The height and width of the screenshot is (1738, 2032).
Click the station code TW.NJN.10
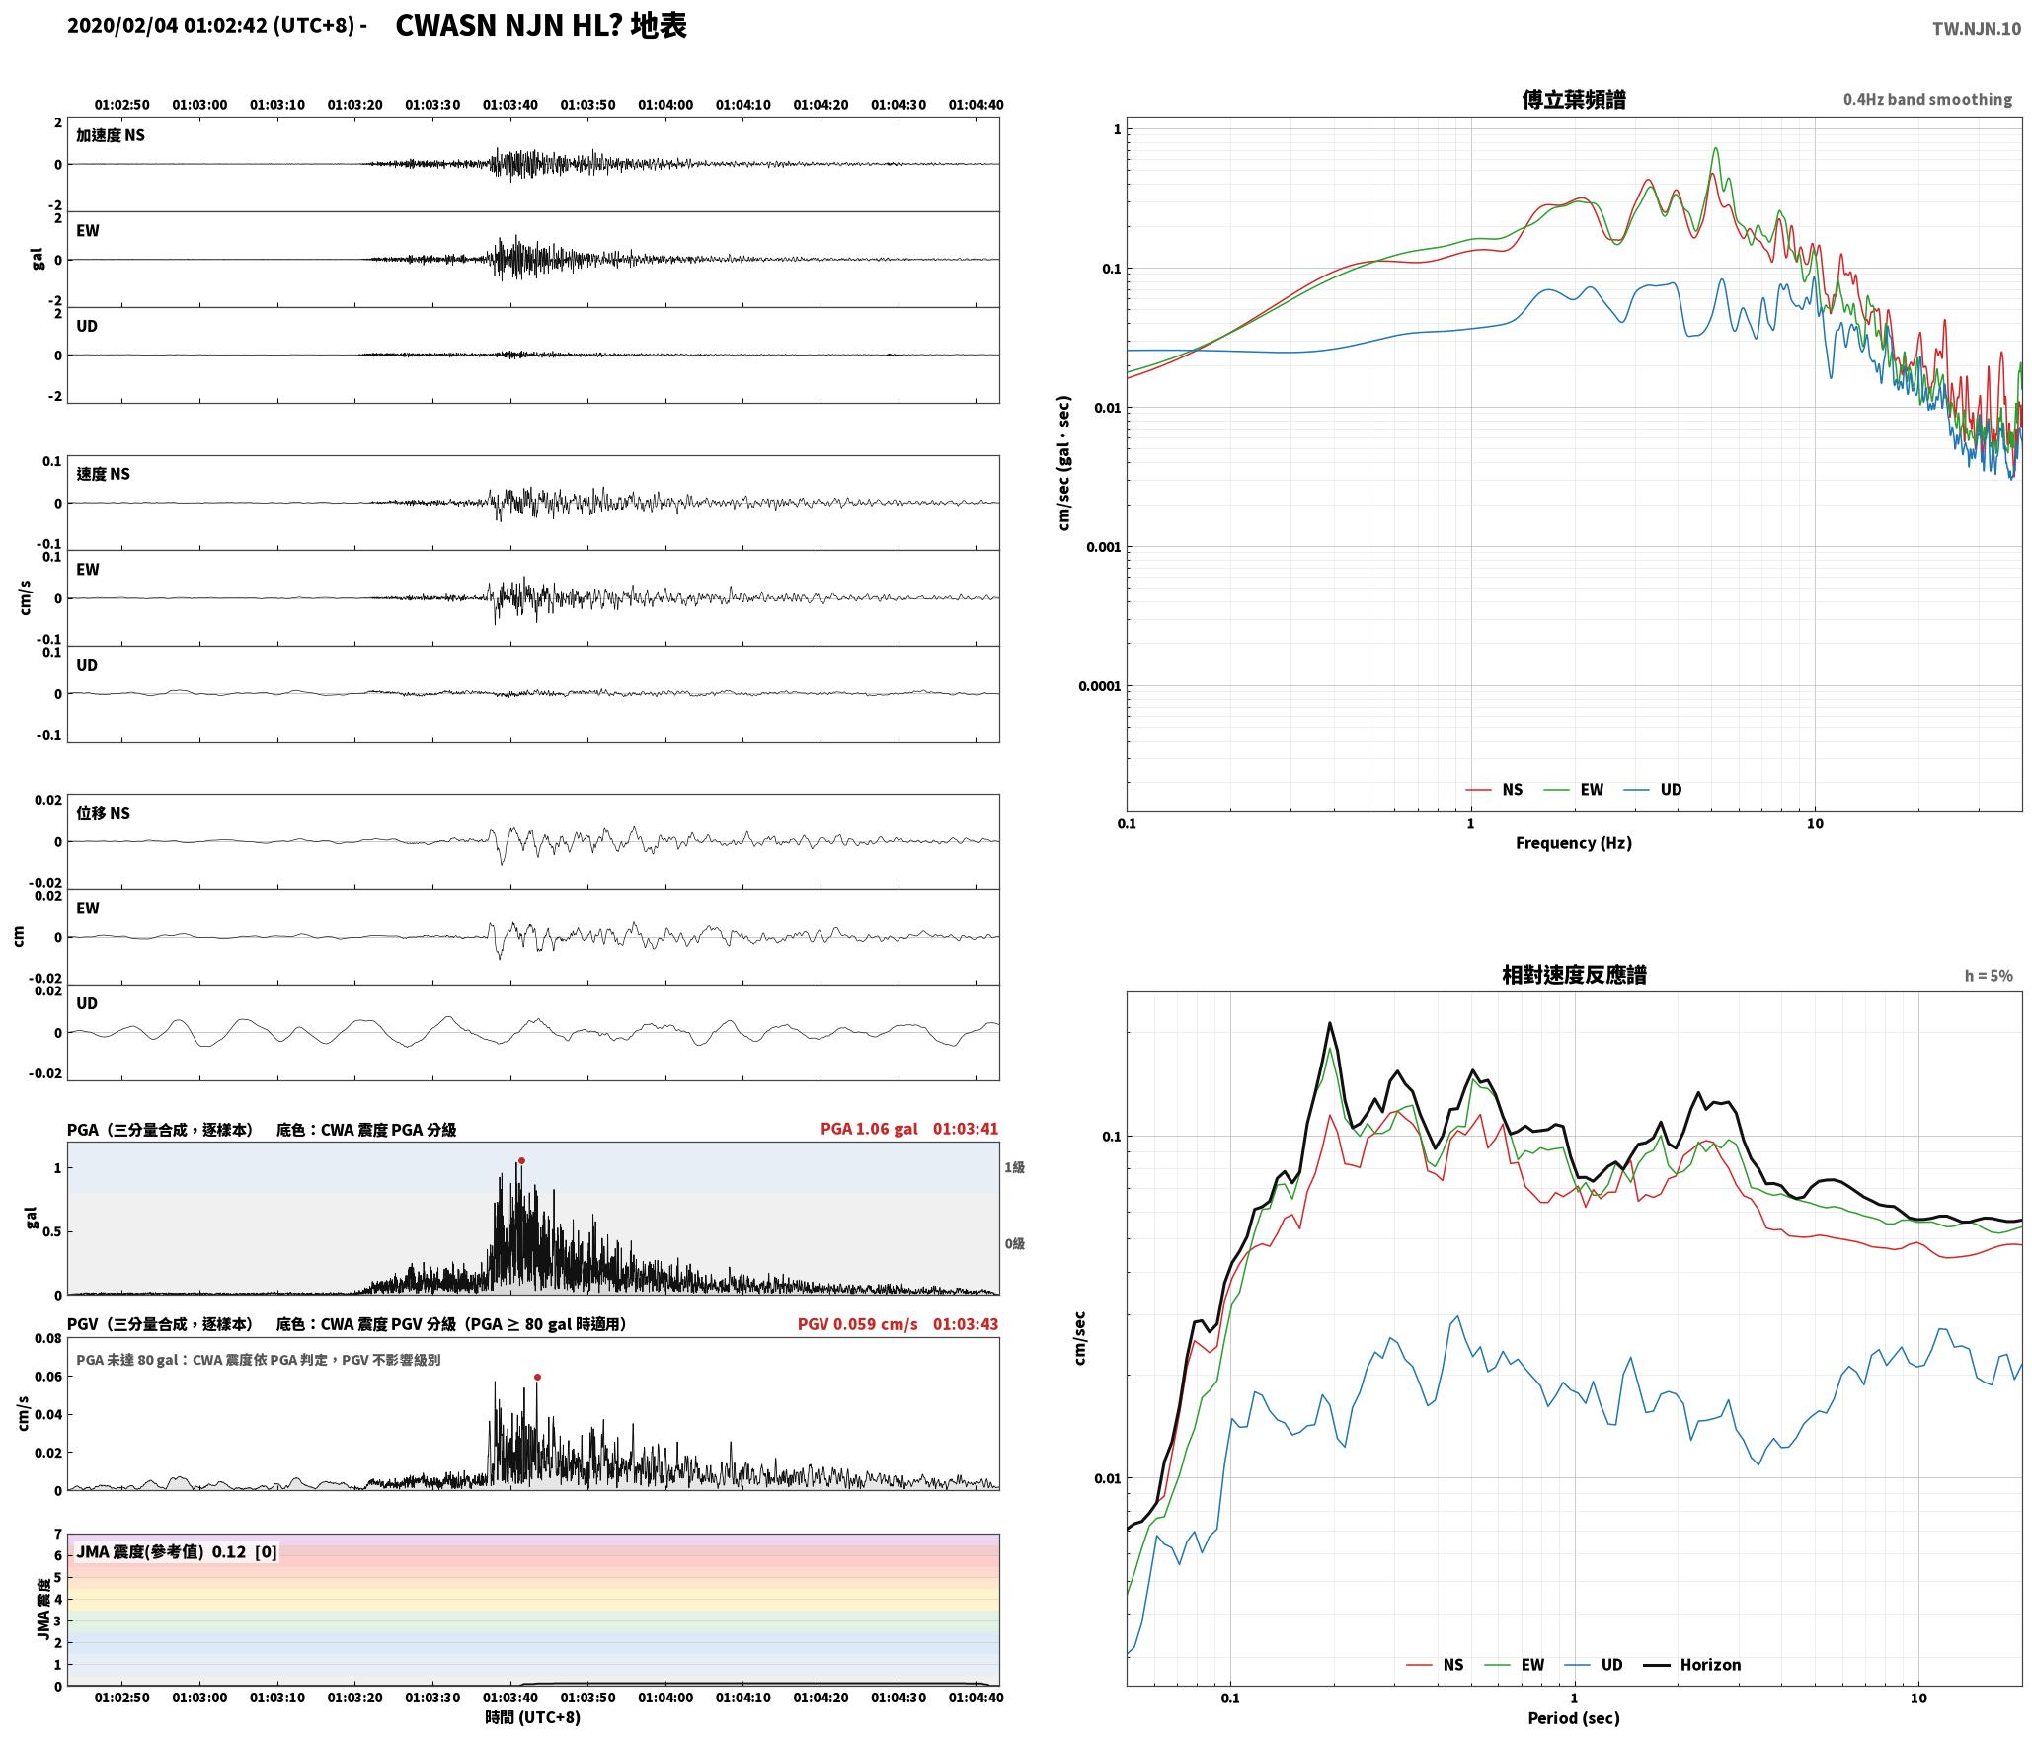pos(1977,29)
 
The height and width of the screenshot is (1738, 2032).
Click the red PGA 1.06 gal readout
pos(869,1129)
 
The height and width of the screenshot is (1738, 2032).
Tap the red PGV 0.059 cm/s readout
pos(857,1324)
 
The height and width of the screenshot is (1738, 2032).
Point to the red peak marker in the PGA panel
pos(521,1161)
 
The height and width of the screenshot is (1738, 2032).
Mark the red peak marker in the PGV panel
pos(537,1377)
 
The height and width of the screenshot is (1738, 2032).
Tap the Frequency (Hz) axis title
pos(1574,843)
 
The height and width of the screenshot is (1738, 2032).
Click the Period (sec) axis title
pos(1574,1718)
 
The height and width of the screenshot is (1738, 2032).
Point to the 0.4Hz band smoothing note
pos(1927,100)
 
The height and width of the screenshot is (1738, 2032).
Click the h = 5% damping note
pos(1989,976)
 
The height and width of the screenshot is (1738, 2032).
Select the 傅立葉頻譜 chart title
pos(1574,100)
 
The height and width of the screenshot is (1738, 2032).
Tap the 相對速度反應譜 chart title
pos(1574,975)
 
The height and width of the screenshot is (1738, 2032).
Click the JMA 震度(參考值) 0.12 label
pos(161,1552)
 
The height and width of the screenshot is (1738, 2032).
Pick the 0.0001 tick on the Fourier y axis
pos(1099,686)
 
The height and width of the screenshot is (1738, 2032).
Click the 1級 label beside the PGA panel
pos(1014,1167)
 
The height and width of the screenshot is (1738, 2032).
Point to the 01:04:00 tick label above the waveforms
pos(665,105)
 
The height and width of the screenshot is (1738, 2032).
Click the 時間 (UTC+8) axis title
pos(532,1718)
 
